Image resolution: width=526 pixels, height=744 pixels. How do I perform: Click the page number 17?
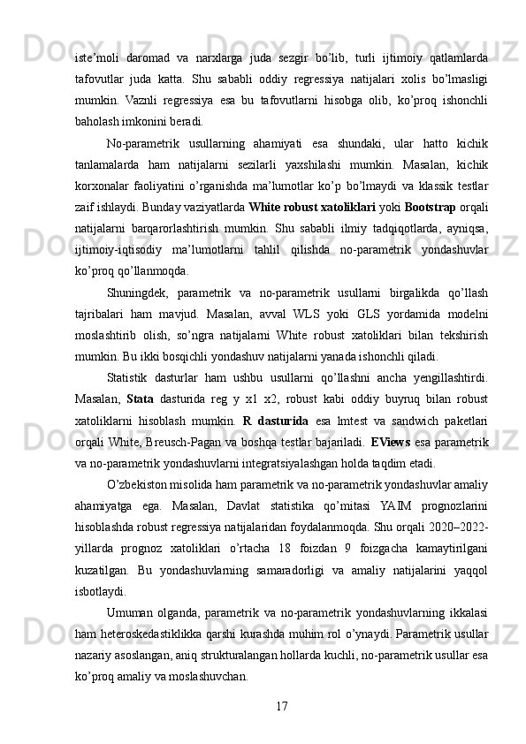282,705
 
